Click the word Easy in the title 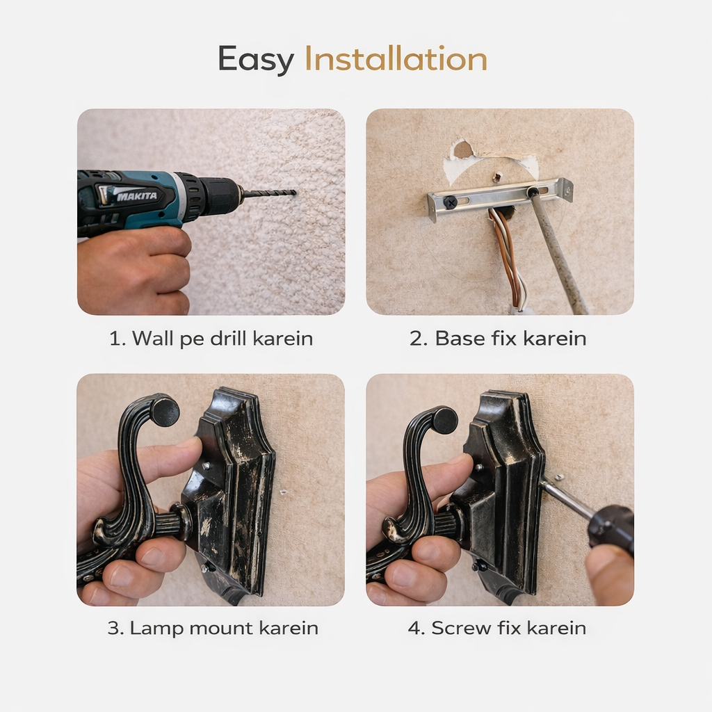(x=256, y=60)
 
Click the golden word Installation (x=396, y=58)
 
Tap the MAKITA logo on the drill (x=137, y=196)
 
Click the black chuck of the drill (x=218, y=195)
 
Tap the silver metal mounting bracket (x=499, y=198)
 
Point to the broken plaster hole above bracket (x=463, y=149)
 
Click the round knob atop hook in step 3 (x=165, y=411)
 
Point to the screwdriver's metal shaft (x=566, y=499)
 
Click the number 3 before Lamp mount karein (x=113, y=629)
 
